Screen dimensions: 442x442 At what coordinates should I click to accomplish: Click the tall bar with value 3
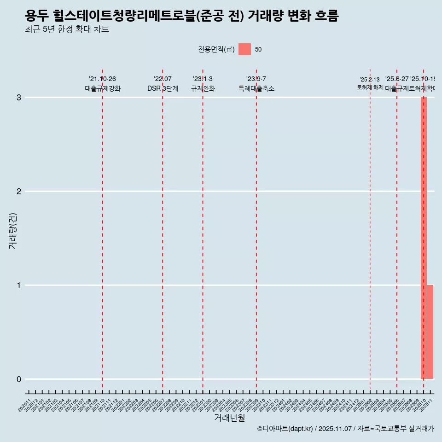click(424, 238)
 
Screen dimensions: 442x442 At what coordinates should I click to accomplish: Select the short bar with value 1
click(430, 332)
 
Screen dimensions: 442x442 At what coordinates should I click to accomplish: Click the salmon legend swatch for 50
click(244, 49)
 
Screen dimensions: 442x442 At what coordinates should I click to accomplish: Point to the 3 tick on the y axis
click(19, 98)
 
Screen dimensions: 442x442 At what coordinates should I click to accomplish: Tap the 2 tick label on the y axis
click(19, 192)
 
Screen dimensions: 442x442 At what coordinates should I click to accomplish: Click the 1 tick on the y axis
click(19, 285)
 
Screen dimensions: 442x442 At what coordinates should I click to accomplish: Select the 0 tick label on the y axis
click(19, 379)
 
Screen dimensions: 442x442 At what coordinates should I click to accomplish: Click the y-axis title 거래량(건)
click(12, 230)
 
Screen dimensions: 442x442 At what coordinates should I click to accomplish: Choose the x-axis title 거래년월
click(229, 418)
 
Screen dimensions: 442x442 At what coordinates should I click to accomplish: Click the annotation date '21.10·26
click(102, 79)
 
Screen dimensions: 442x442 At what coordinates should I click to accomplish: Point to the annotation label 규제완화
click(203, 89)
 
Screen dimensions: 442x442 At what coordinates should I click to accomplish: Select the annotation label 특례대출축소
click(256, 89)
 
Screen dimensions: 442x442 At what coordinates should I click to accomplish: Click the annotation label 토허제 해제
click(370, 87)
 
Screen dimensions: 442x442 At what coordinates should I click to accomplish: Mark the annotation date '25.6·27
click(396, 79)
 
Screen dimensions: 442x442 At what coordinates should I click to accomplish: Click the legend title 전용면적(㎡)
click(216, 50)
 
